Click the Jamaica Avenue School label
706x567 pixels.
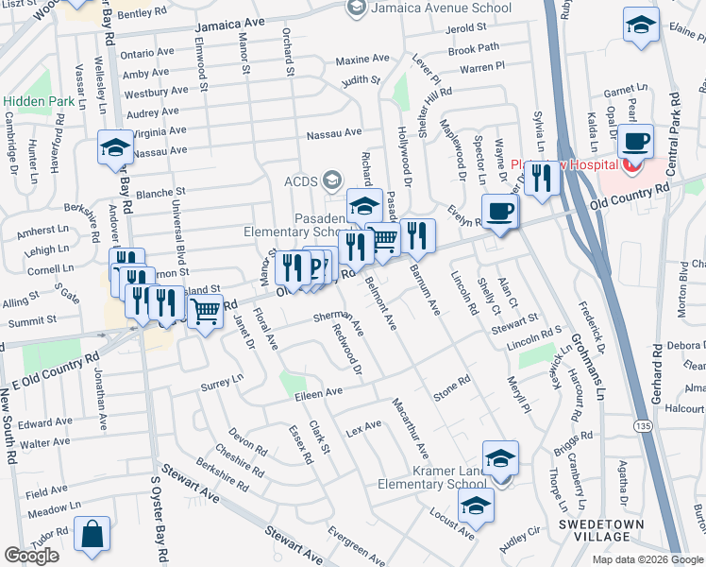tap(441, 9)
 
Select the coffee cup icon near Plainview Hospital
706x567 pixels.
tap(635, 142)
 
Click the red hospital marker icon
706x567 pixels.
tap(631, 166)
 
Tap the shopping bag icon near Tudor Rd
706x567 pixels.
tap(92, 535)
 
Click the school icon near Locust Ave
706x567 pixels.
tap(477, 507)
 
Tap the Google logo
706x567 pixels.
tap(31, 556)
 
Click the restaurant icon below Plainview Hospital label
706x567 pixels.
tap(541, 178)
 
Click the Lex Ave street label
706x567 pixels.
tap(363, 427)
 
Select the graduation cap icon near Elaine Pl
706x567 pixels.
tap(641, 26)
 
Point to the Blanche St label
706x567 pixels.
tap(160, 192)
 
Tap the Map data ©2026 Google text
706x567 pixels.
tap(647, 558)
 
